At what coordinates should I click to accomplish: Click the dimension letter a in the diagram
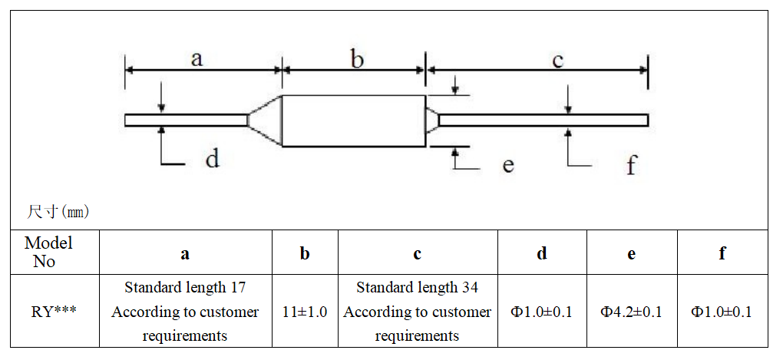click(197, 59)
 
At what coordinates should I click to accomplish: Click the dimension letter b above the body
click(356, 59)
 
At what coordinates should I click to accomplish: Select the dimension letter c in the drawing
click(558, 60)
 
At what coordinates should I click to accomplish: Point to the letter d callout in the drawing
click(212, 159)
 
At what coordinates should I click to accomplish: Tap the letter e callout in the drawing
click(508, 164)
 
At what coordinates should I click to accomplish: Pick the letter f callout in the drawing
click(631, 164)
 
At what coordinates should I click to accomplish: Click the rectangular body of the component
click(354, 121)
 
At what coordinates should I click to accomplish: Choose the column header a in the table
click(185, 253)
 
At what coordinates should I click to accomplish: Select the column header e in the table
click(631, 253)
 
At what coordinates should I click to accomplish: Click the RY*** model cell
click(54, 312)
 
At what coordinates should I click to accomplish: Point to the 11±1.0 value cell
click(304, 312)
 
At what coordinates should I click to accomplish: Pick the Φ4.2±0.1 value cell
click(631, 312)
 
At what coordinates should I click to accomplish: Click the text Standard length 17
click(185, 288)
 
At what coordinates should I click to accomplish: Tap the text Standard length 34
click(417, 288)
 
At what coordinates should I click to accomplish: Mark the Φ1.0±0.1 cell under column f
click(722, 312)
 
